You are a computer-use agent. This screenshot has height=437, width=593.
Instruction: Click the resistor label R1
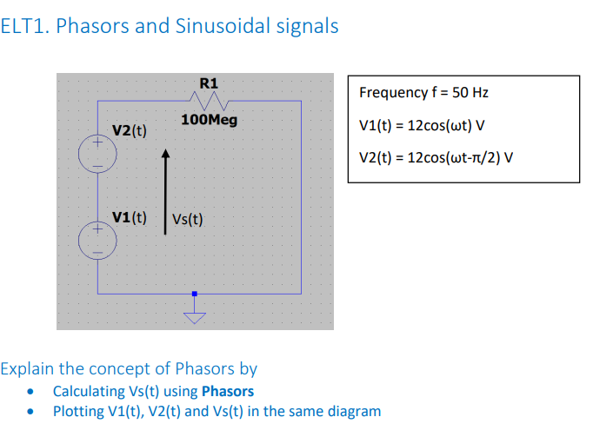209,83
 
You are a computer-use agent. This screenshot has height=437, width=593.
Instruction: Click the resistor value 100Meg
209,119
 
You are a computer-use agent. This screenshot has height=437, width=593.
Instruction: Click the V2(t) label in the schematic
129,131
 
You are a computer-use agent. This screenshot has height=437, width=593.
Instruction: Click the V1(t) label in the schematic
129,216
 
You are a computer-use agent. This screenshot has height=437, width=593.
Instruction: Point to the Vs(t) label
187,219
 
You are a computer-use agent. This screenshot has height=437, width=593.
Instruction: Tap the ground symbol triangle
195,317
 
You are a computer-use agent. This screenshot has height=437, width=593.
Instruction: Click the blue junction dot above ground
195,295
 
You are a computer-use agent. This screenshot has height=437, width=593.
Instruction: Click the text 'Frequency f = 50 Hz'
417,92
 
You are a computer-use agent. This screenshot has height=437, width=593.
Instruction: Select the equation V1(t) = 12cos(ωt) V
422,125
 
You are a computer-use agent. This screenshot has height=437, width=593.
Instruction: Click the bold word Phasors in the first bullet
227,391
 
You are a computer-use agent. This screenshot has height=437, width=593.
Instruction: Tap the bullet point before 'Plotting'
33,412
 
